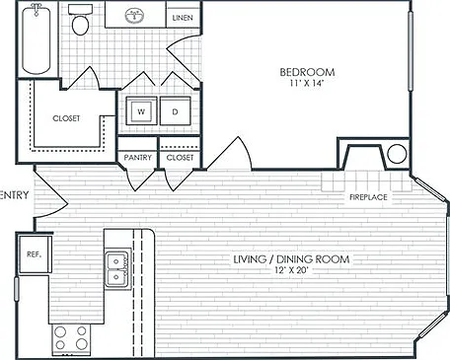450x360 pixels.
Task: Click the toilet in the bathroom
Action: pos(80,20)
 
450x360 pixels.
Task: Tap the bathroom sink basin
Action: pos(134,16)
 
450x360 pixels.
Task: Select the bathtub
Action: pos(37,38)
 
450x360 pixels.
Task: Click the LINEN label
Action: pos(183,18)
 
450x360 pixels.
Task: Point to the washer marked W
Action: pos(141,111)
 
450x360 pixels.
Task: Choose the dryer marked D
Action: pos(176,111)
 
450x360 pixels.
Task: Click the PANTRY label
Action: pos(138,158)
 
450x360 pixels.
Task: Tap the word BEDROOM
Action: pos(307,72)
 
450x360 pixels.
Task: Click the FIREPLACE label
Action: pos(368,197)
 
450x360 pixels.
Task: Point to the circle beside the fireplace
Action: pos(397,154)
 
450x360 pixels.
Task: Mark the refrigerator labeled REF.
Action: pos(35,254)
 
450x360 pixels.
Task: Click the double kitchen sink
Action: pos(117,269)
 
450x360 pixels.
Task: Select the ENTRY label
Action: pos(14,195)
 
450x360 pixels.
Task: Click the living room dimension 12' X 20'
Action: pos(291,270)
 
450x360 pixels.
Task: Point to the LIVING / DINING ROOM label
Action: pos(291,259)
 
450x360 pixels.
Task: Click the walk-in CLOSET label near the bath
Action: pos(66,118)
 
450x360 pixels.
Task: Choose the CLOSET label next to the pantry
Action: pos(180,158)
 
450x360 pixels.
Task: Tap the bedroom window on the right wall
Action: pos(411,50)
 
